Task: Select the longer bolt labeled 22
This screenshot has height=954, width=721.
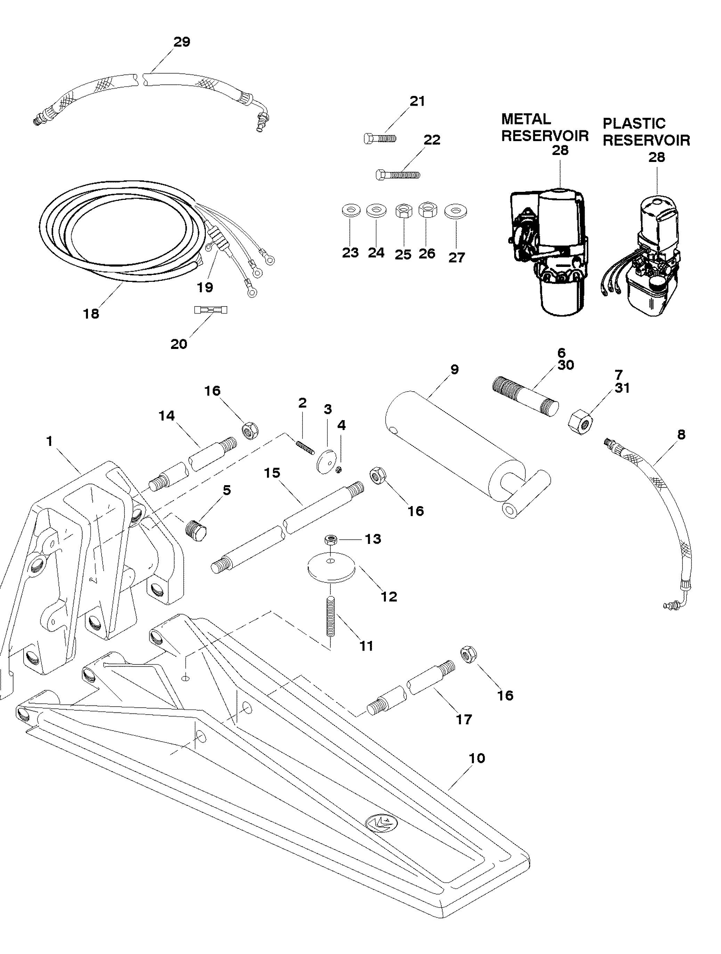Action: click(397, 175)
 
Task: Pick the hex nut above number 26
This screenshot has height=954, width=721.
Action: click(428, 210)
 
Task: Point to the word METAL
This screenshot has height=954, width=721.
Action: click(526, 120)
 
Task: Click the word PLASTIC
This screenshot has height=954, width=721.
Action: click(634, 124)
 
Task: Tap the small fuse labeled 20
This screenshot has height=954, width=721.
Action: click(211, 310)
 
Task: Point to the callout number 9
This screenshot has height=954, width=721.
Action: click(454, 370)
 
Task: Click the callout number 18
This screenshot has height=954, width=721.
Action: click(91, 313)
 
